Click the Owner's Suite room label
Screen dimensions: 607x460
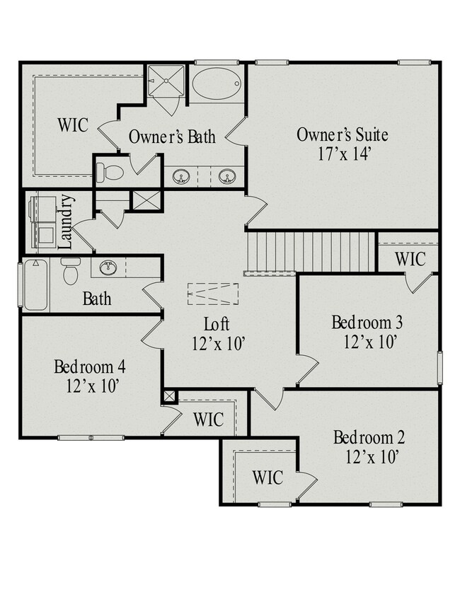click(342, 134)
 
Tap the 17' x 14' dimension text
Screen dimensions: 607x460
click(342, 153)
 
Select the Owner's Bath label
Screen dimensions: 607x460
click(172, 137)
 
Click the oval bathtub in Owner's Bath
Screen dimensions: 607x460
click(217, 84)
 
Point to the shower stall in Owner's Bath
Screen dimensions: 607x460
click(166, 83)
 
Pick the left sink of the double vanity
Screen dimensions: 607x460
click(182, 175)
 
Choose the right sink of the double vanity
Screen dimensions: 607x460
click(226, 175)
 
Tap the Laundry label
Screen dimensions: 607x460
click(67, 221)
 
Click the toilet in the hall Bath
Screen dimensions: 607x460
click(71, 272)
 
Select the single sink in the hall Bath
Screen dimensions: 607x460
click(108, 267)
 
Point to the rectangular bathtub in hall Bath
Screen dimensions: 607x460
click(35, 285)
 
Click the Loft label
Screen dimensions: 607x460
click(217, 325)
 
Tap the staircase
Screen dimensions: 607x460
click(311, 251)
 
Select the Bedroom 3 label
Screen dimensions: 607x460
click(367, 323)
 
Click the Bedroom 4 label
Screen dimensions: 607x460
click(90, 367)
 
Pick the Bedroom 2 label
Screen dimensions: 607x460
click(369, 436)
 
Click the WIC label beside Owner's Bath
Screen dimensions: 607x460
click(73, 126)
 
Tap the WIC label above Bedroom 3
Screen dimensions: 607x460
click(410, 259)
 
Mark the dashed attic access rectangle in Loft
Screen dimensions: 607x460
click(212, 293)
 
